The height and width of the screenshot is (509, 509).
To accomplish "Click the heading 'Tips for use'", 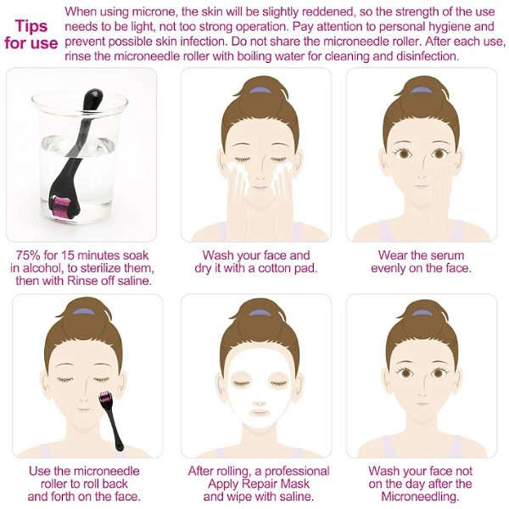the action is click(x=31, y=35).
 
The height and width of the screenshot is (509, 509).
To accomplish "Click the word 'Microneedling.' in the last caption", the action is click(x=420, y=496).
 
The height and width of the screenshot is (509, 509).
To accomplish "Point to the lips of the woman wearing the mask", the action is click(x=259, y=412).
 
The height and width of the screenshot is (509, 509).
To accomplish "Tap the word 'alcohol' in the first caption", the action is click(x=39, y=268).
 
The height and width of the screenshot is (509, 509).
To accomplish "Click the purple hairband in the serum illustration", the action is click(x=421, y=90).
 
